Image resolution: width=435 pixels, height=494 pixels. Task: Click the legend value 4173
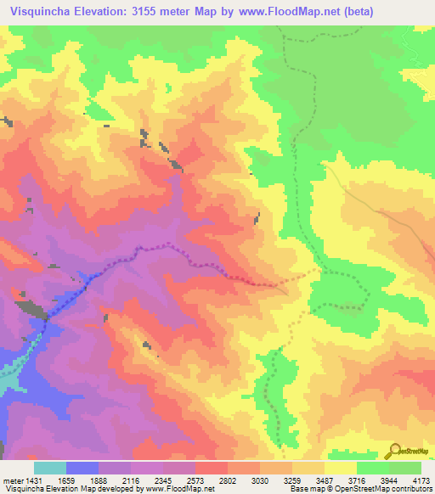coord(424,480)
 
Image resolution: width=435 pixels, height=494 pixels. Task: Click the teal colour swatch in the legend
coord(50,468)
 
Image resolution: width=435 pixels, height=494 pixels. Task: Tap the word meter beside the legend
coord(11,480)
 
